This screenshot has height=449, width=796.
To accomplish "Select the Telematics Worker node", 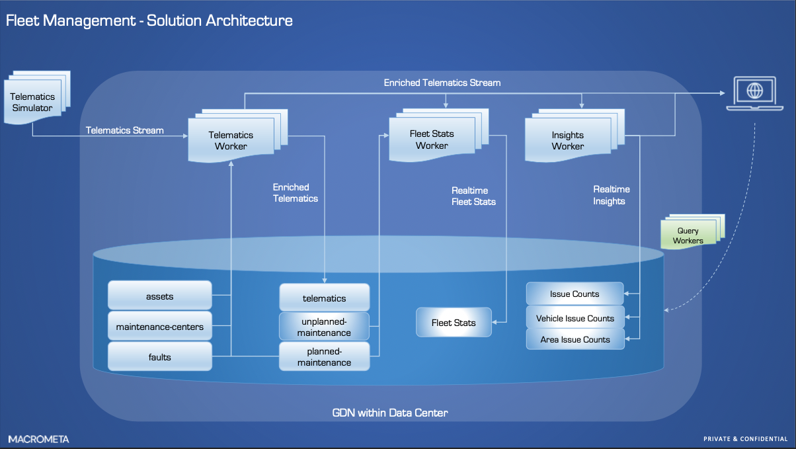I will pyautogui.click(x=231, y=140).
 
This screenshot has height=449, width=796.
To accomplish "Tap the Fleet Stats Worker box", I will pyautogui.click(x=432, y=140).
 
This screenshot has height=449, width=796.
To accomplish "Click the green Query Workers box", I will pyautogui.click(x=688, y=235).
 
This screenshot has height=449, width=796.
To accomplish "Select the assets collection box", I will pyautogui.click(x=159, y=296).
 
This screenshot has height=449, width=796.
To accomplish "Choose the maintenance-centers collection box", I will pyautogui.click(x=159, y=327).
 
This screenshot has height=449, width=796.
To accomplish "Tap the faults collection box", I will pyautogui.click(x=159, y=357).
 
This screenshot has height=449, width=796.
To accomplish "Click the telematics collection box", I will pyautogui.click(x=324, y=298).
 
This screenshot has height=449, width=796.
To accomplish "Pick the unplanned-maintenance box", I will pyautogui.click(x=324, y=327).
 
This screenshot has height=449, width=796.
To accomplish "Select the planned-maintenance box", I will pyautogui.click(x=324, y=356).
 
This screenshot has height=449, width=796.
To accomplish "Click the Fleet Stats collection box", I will pyautogui.click(x=454, y=323).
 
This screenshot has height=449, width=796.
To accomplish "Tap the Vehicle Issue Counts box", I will pyautogui.click(x=575, y=318).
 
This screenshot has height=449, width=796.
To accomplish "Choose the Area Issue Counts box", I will pyautogui.click(x=575, y=339).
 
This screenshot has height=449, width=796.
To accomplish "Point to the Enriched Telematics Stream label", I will pyautogui.click(x=442, y=83).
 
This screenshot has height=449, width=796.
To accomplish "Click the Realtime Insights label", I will pyautogui.click(x=611, y=195).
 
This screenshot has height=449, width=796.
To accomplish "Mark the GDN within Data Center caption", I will pyautogui.click(x=389, y=413).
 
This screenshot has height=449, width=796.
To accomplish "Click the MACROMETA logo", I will pyautogui.click(x=38, y=439).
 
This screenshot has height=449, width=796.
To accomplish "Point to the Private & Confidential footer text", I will pyautogui.click(x=745, y=439).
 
